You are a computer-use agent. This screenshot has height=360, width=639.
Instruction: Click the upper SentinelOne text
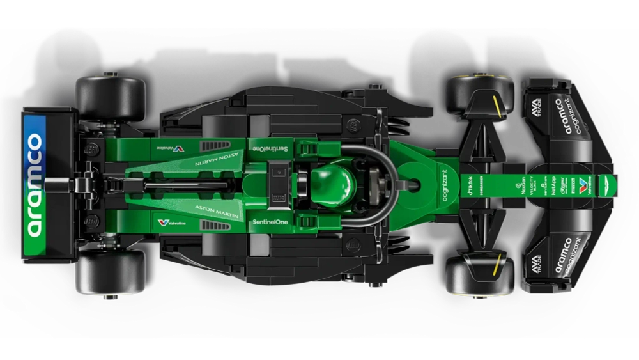(x=268, y=148)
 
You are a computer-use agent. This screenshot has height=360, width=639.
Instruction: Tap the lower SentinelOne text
(x=270, y=221)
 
